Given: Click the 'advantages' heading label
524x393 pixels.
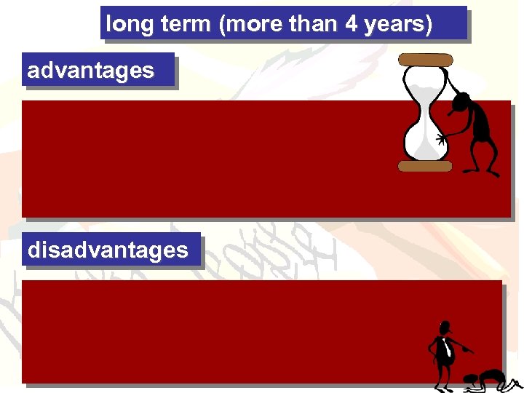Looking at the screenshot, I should tap(91, 71).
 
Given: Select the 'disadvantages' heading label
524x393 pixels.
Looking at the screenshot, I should tap(108, 250).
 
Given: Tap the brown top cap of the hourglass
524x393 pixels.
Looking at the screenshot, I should tap(425, 60).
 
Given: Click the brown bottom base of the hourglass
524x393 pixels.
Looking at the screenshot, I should tap(425, 166).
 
